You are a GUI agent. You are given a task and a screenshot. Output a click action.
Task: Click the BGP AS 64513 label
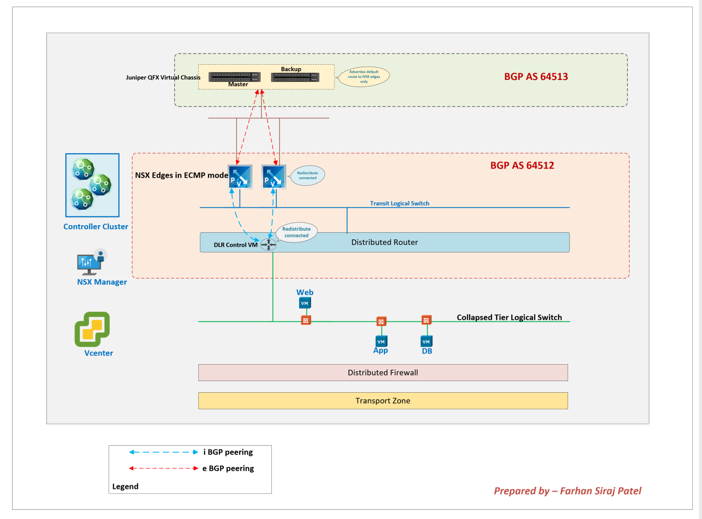(536, 76)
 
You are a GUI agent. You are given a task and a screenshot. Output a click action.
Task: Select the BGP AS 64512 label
(522, 166)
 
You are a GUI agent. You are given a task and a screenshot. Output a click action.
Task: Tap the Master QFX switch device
(235, 77)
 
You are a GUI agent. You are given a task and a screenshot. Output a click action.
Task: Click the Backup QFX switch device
(295, 77)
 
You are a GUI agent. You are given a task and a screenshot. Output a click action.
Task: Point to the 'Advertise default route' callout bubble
(364, 76)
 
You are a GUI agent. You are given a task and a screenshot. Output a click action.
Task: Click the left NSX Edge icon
(240, 177)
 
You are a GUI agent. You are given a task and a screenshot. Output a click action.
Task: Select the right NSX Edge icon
(274, 177)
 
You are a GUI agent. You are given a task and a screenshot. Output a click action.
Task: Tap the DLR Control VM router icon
(268, 244)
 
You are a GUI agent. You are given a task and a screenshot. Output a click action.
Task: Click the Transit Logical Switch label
(399, 203)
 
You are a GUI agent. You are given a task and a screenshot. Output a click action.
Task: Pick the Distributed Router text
(384, 242)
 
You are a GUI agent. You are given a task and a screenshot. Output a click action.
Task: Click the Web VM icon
(305, 303)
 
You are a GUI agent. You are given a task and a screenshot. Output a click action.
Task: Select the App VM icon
(381, 341)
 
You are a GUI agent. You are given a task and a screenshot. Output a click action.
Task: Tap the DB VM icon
(427, 341)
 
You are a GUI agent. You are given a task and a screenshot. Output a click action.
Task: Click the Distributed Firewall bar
(383, 373)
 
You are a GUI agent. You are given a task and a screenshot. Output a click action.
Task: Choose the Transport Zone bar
(383, 401)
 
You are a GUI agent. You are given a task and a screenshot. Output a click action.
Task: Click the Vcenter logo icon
(92, 329)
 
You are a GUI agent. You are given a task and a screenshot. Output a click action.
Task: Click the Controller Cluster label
(96, 227)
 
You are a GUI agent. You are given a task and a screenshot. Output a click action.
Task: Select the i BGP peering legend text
(228, 452)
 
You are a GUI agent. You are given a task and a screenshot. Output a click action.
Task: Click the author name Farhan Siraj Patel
(600, 491)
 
